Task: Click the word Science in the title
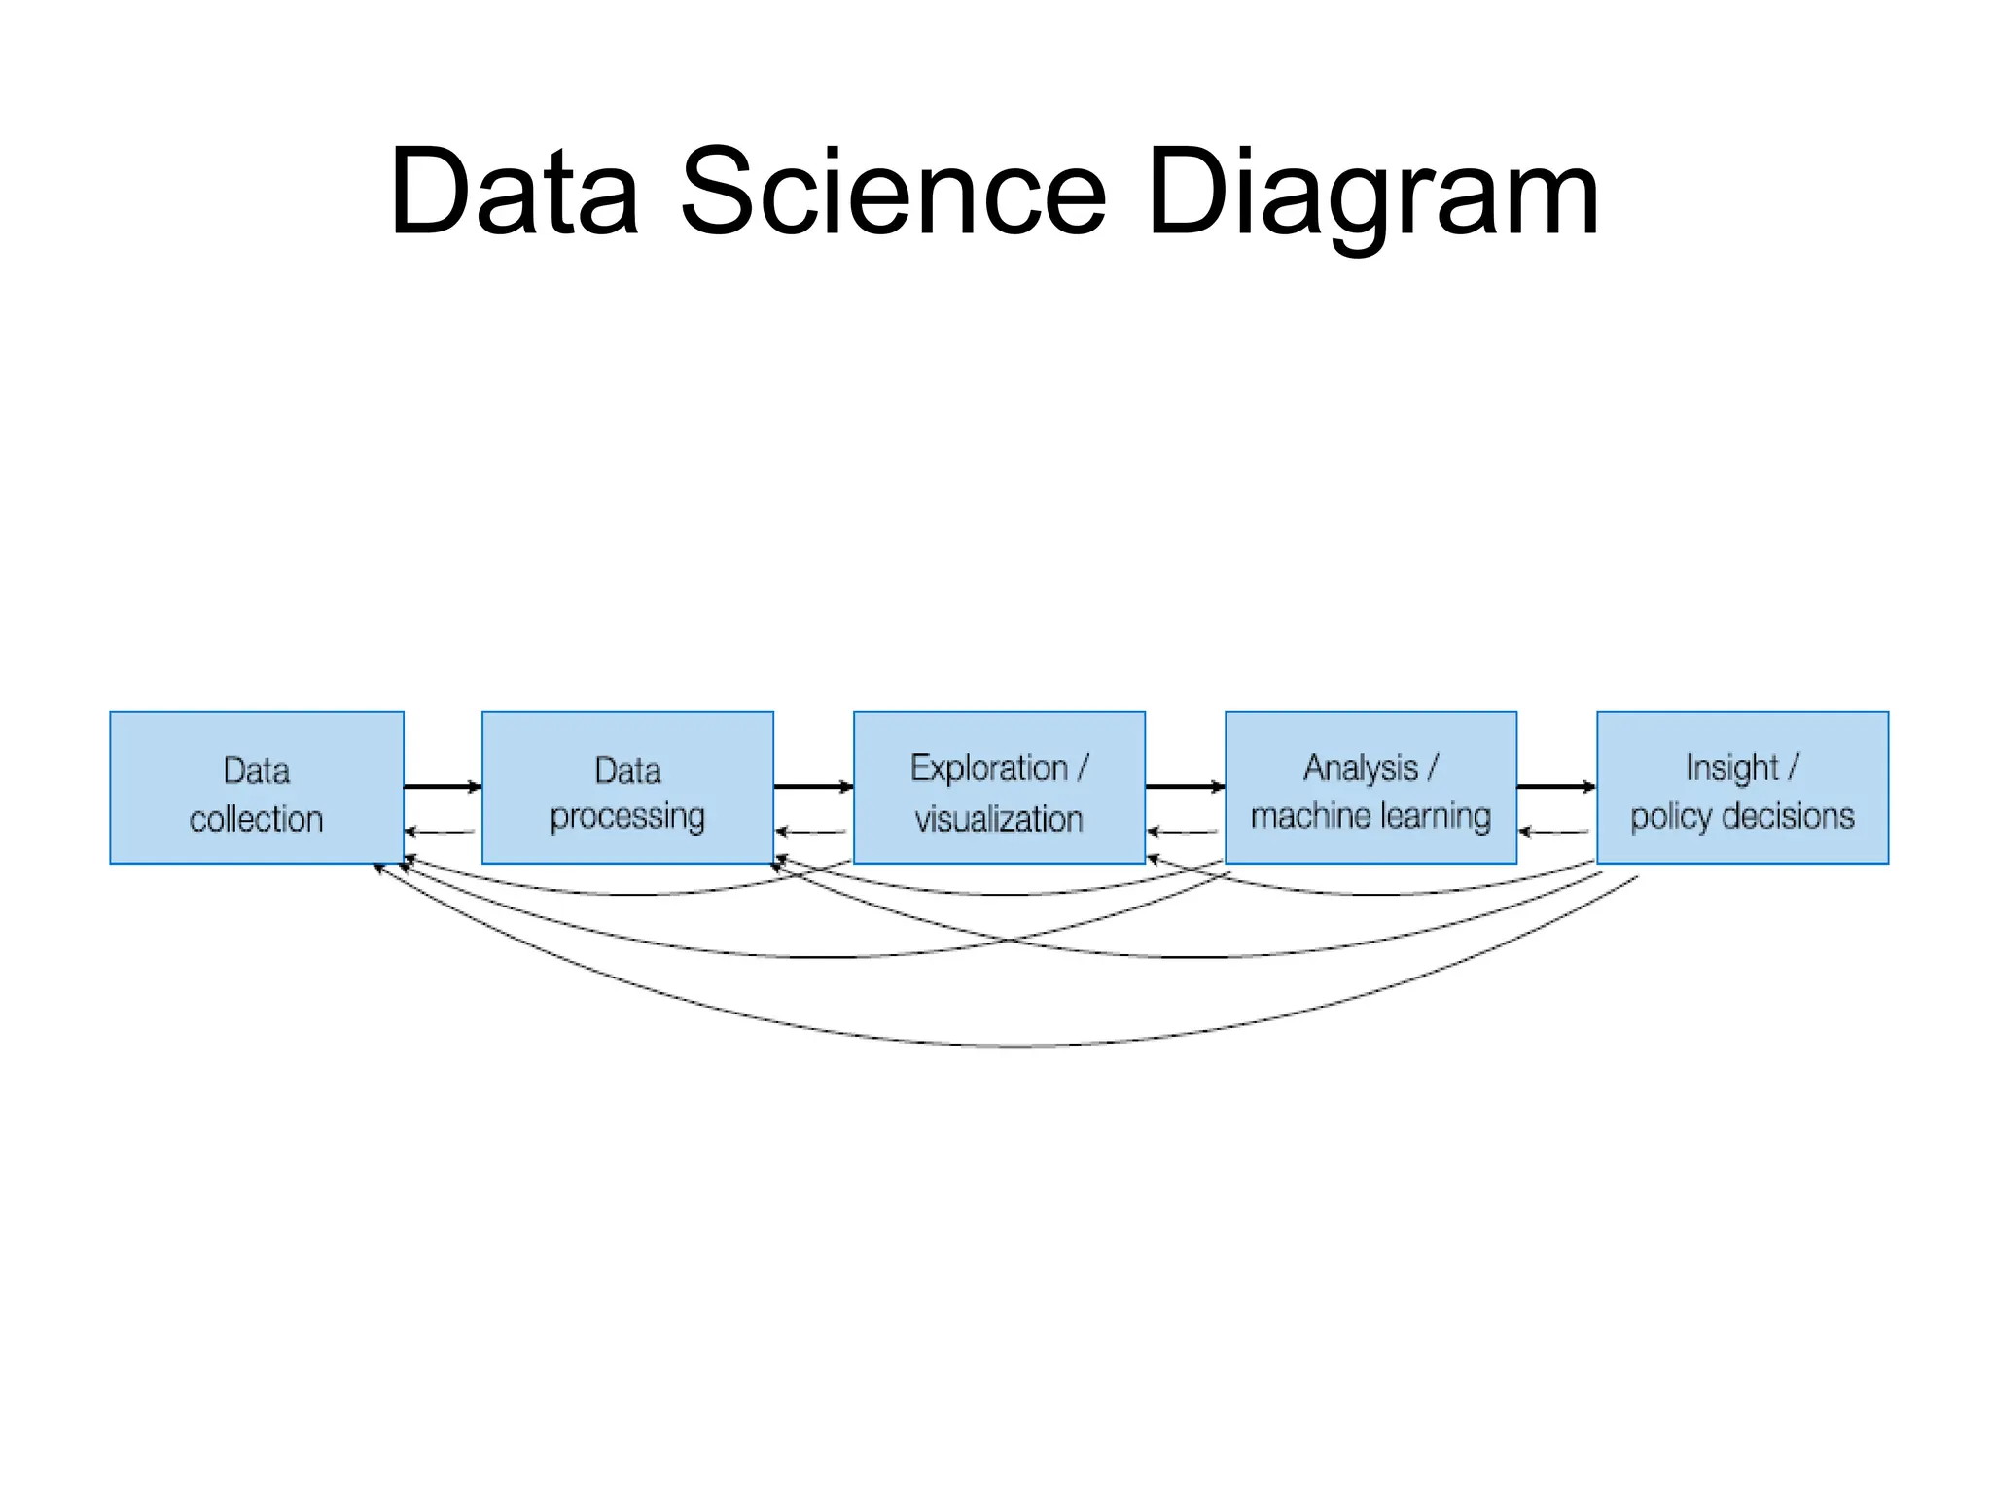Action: [893, 191]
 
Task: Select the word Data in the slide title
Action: [514, 191]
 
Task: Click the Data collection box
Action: [257, 787]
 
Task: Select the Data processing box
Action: [627, 787]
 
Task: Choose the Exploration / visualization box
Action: [999, 787]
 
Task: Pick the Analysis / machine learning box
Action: [1370, 787]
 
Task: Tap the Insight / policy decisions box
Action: [1742, 787]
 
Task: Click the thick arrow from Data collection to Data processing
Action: [443, 786]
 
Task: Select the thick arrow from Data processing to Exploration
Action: [813, 786]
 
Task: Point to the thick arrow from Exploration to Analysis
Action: [1185, 786]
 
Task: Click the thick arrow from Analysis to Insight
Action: [1556, 786]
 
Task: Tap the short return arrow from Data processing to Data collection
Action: [440, 832]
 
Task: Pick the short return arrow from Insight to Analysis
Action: [1554, 832]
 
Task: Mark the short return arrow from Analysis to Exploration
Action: [1183, 832]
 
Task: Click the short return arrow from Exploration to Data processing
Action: [811, 832]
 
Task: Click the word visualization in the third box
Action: [999, 819]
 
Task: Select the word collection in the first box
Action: [257, 819]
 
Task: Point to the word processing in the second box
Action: [627, 817]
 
